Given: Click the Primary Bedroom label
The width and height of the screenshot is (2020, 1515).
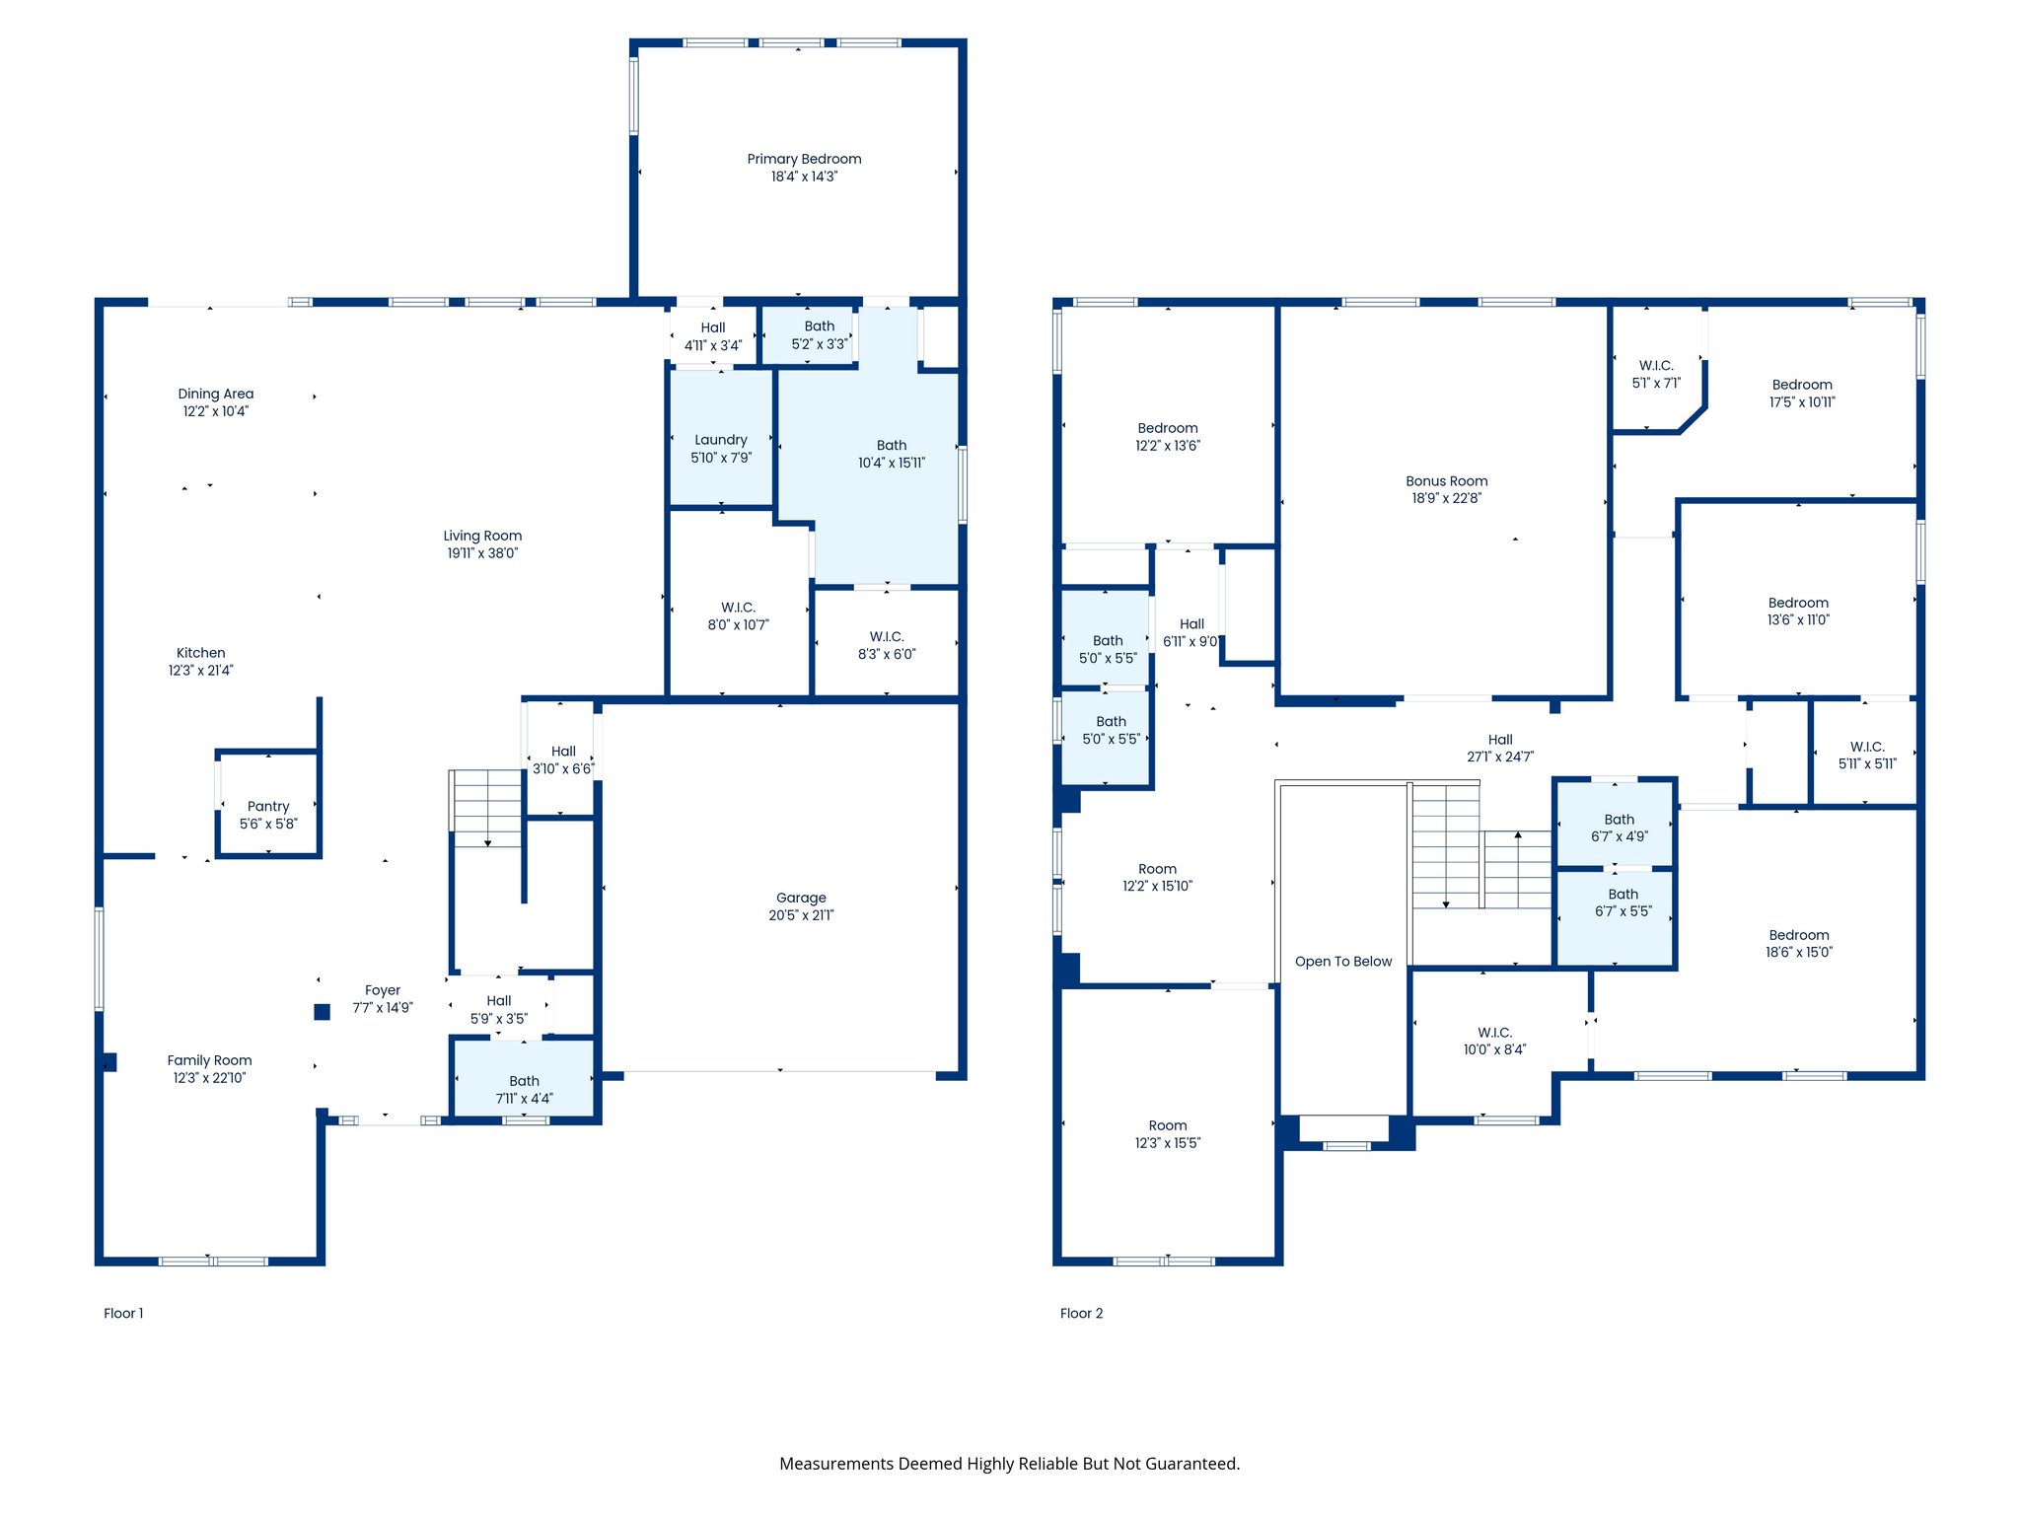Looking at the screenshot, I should coord(804,159).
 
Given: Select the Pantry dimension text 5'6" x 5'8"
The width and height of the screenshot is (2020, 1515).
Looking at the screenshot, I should coord(268,824).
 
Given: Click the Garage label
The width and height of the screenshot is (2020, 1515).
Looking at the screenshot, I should coord(801,898).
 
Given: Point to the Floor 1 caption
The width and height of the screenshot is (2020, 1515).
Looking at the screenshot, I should coord(123,1313).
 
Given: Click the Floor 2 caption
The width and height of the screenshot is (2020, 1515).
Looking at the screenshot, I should coord(1081,1313).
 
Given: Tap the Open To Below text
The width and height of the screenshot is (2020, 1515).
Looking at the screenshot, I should coord(1343,961).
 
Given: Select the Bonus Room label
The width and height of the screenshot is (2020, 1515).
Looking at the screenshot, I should coord(1446,481).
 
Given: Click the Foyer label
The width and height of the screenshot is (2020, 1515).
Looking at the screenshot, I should coord(383,990).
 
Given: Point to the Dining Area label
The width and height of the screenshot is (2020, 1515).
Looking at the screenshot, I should coord(216,394).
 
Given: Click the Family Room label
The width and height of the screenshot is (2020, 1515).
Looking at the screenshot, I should coord(209,1060).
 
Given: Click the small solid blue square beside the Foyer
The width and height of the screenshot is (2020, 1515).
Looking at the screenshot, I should coord(323,1011).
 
